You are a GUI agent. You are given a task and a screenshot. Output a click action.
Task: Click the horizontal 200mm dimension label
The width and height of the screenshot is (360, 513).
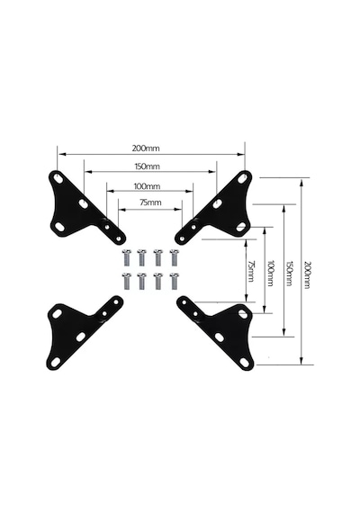(x=146, y=148)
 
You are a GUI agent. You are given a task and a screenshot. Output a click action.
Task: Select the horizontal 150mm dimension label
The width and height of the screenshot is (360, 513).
(x=148, y=166)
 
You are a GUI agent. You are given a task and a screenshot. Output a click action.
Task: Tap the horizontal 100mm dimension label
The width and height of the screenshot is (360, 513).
(x=147, y=186)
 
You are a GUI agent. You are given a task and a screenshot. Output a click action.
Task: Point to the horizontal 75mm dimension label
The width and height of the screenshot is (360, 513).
(x=150, y=202)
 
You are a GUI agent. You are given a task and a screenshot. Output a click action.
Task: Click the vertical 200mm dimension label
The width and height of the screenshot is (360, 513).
(x=307, y=274)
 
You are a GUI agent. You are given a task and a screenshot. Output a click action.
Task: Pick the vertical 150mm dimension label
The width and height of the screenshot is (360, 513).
(x=289, y=274)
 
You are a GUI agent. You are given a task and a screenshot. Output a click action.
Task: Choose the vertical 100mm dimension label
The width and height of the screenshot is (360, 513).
(x=270, y=274)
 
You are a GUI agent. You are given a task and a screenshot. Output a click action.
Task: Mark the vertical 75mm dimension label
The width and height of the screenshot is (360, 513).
(x=251, y=271)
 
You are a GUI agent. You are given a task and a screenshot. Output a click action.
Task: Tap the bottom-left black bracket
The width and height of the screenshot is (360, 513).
(x=78, y=330)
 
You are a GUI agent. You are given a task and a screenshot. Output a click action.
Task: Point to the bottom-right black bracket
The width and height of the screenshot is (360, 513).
(x=222, y=330)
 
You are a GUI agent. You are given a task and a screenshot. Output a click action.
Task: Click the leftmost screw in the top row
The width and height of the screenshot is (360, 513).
(x=127, y=257)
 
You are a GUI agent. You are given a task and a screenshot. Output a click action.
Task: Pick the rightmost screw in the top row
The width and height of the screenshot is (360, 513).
(x=174, y=257)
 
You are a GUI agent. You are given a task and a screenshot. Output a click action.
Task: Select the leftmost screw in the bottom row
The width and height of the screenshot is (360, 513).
(x=127, y=281)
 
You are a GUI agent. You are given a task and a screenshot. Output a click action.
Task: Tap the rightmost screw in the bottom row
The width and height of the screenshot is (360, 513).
(x=174, y=281)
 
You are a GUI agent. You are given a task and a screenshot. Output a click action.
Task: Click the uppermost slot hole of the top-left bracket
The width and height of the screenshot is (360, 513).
(x=58, y=178)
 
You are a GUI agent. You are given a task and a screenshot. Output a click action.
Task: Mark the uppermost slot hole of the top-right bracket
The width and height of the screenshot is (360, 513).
(x=242, y=178)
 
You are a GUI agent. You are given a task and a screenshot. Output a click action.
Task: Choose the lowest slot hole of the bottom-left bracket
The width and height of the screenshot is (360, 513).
(x=56, y=362)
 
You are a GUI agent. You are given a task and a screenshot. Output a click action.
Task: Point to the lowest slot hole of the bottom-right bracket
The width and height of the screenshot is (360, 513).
(x=244, y=362)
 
